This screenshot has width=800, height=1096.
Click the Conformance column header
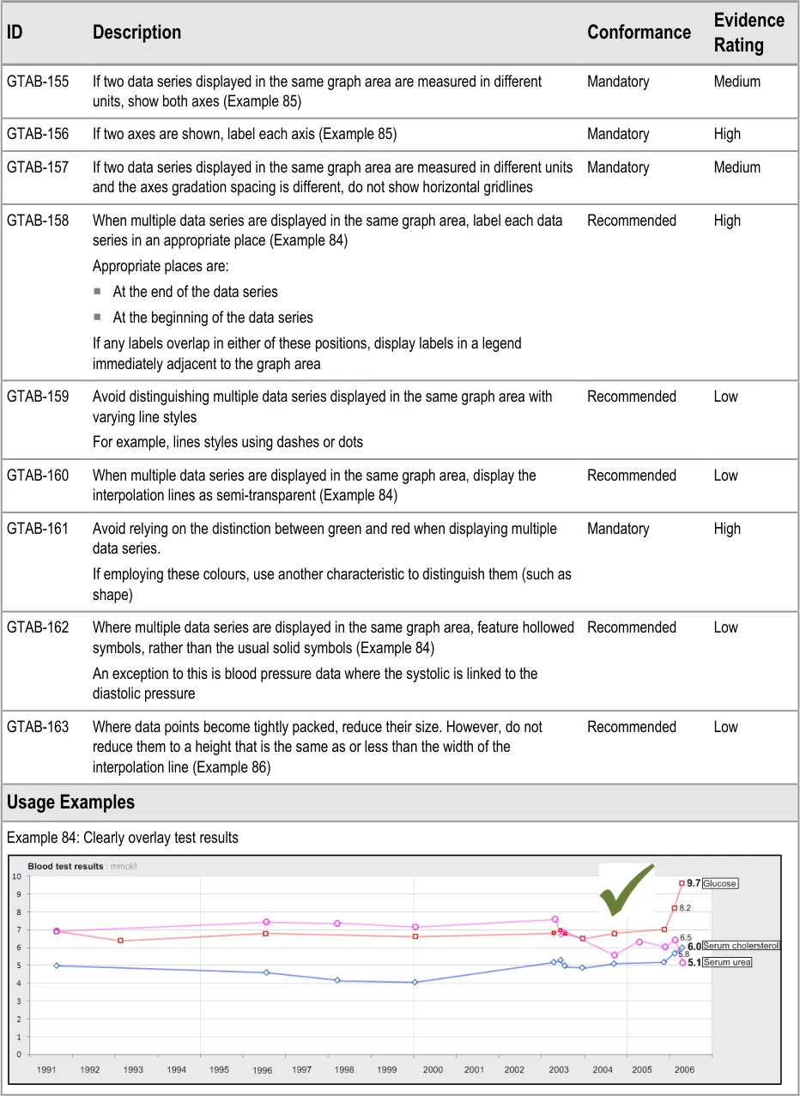(639, 33)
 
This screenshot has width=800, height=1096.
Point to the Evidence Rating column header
(748, 33)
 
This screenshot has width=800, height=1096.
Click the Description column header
(136, 33)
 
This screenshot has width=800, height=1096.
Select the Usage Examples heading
(70, 802)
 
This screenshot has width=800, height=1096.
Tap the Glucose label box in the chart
(719, 883)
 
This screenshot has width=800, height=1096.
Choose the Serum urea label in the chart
(726, 962)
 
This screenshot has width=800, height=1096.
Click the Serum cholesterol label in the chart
(740, 946)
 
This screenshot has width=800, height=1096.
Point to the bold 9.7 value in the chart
(694, 883)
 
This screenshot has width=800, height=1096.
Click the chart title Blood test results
(65, 866)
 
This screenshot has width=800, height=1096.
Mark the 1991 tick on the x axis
(47, 1069)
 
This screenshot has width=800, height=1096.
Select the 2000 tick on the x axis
(433, 1069)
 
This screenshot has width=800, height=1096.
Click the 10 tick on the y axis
(16, 876)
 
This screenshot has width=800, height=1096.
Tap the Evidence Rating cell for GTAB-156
(727, 134)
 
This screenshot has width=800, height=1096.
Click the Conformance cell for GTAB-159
(632, 397)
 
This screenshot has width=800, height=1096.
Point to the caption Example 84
(122, 837)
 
